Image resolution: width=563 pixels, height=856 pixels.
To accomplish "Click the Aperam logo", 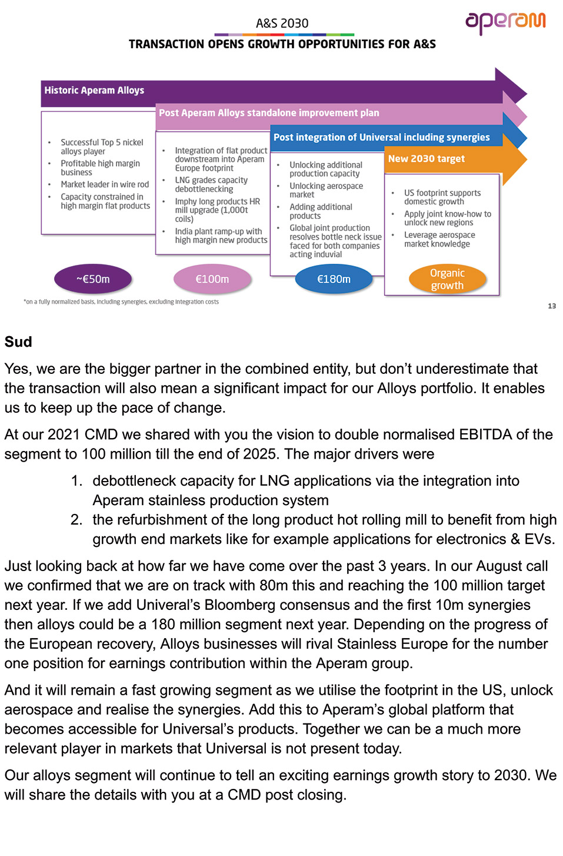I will (x=505, y=22).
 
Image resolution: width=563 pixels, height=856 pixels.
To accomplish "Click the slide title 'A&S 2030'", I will (x=282, y=24).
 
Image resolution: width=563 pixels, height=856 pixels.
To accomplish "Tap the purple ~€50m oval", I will (x=93, y=279).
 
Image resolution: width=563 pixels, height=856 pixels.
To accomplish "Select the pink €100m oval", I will (x=212, y=279).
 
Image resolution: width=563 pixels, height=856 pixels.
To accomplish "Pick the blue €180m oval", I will (x=334, y=279).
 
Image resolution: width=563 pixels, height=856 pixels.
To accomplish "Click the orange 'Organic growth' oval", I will (x=447, y=279).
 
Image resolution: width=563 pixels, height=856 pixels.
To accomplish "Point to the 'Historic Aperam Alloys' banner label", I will (x=94, y=90).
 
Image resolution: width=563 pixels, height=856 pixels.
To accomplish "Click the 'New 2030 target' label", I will (x=427, y=158).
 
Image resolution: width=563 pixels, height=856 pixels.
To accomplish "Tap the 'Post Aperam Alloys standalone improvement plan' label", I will (x=269, y=112).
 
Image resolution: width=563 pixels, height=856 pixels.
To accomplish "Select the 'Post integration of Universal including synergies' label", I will (x=381, y=137).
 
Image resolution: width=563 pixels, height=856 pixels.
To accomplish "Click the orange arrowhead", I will (x=515, y=159).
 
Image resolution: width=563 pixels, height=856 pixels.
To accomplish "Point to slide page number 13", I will (x=552, y=306).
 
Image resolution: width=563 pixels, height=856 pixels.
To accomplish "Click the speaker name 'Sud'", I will (x=18, y=341).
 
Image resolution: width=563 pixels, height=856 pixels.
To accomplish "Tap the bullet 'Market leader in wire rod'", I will (x=105, y=184).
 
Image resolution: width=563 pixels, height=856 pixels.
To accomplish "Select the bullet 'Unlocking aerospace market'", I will (x=326, y=190).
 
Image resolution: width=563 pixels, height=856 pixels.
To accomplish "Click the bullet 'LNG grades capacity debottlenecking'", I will (x=211, y=184).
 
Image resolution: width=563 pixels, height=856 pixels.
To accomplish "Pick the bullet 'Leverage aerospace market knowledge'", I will (x=439, y=239).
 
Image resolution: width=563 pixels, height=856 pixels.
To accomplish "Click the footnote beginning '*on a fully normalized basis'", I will (x=121, y=302).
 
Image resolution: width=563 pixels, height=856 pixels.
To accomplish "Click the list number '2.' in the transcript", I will (x=76, y=519).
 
